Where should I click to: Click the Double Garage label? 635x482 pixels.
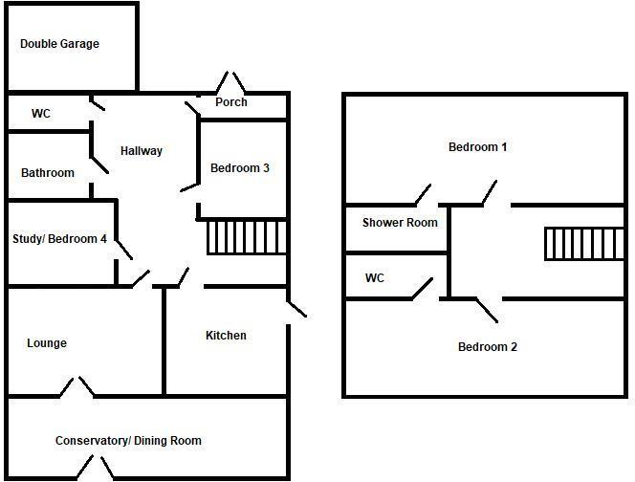pos(59,44)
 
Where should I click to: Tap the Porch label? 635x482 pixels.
pos(231,102)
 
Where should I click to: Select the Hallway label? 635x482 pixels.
pos(142,151)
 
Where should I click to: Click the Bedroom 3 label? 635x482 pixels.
pos(240,168)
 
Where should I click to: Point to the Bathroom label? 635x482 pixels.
pos(48,173)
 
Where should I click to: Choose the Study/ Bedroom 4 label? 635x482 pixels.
pos(59,239)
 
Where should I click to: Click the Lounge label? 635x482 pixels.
pos(47,343)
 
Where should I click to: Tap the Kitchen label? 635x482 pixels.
pos(226,336)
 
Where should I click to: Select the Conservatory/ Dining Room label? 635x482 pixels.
pos(128,441)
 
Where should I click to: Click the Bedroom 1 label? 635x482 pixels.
pos(477,147)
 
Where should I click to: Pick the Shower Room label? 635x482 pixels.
pos(400,223)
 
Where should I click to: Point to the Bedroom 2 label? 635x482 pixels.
pos(487,347)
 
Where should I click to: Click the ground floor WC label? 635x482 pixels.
pos(41,114)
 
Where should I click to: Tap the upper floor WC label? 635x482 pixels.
pos(375,278)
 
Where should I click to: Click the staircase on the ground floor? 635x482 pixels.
pos(247,237)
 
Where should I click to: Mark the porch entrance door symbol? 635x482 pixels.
pos(229,82)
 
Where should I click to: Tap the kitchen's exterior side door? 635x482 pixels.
pos(296,308)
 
